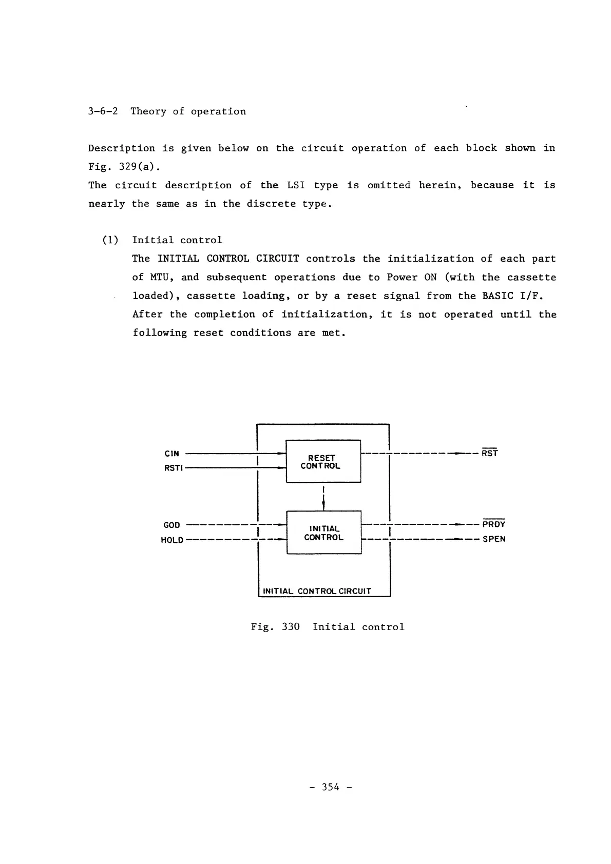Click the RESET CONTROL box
click(x=323, y=461)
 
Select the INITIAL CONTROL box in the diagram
click(x=323, y=533)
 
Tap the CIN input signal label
click(x=172, y=454)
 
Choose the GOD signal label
click(x=171, y=525)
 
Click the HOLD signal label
click(x=172, y=540)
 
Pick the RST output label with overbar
click(x=489, y=453)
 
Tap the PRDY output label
click(x=494, y=524)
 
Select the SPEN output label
click(x=494, y=539)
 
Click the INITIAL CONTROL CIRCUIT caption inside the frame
click(x=317, y=591)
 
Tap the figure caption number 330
click(x=291, y=626)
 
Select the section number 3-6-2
click(x=103, y=111)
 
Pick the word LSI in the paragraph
click(x=296, y=185)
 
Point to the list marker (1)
click(x=110, y=240)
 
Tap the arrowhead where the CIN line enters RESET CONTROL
click(x=281, y=454)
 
